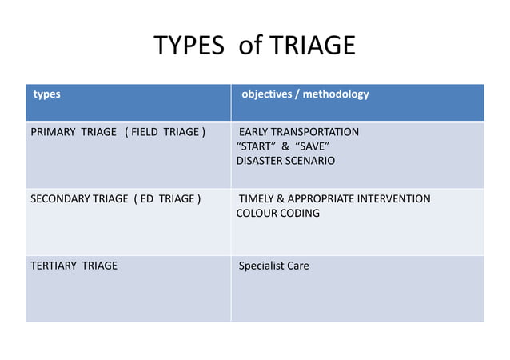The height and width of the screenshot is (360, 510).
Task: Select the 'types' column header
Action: pos(46,94)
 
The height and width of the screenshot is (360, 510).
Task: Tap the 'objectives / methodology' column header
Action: pos(305,94)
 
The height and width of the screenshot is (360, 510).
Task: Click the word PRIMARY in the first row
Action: pos(53,132)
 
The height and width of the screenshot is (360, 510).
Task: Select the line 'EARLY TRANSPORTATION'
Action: pos(299,132)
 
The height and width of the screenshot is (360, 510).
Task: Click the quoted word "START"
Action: pos(254,146)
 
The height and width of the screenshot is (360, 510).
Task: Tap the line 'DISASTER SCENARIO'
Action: pos(285,161)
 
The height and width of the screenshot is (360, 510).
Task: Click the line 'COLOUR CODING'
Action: pos(277,214)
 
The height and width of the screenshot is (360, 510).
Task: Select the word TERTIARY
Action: pos(53,266)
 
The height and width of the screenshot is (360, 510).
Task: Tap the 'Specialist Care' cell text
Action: pos(274,266)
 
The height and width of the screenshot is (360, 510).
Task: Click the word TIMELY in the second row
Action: pos(256,199)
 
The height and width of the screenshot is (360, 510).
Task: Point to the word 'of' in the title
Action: pos(249,46)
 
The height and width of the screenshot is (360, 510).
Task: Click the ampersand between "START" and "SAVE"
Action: pos(283,146)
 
